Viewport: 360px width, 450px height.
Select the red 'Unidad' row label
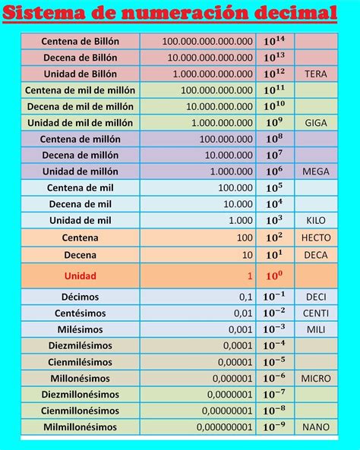pyautogui.click(x=80, y=275)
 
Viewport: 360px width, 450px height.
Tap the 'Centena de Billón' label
pyautogui.click(x=80, y=41)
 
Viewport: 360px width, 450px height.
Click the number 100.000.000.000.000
pyautogui.click(x=207, y=41)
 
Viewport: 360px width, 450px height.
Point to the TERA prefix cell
pyautogui.click(x=315, y=74)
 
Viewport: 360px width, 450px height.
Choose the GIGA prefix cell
pyautogui.click(x=315, y=123)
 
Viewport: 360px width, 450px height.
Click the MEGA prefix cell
pyautogui.click(x=315, y=172)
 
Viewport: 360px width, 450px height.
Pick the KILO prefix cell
pyautogui.click(x=315, y=220)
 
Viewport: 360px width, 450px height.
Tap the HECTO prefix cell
pyautogui.click(x=315, y=238)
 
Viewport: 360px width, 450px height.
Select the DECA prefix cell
pyautogui.click(x=315, y=255)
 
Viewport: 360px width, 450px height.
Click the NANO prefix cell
pyautogui.click(x=315, y=427)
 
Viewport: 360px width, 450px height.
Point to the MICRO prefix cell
pyautogui.click(x=315, y=378)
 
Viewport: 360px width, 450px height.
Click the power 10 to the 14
pyautogui.click(x=274, y=41)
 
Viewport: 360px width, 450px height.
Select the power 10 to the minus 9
pyautogui.click(x=274, y=427)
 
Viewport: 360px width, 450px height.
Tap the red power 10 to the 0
pyautogui.click(x=274, y=275)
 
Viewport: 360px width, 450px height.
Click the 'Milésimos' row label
pyautogui.click(x=80, y=329)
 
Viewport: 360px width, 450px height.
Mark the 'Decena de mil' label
pyautogui.click(x=80, y=204)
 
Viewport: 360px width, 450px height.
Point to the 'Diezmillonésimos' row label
pyautogui.click(x=80, y=395)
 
